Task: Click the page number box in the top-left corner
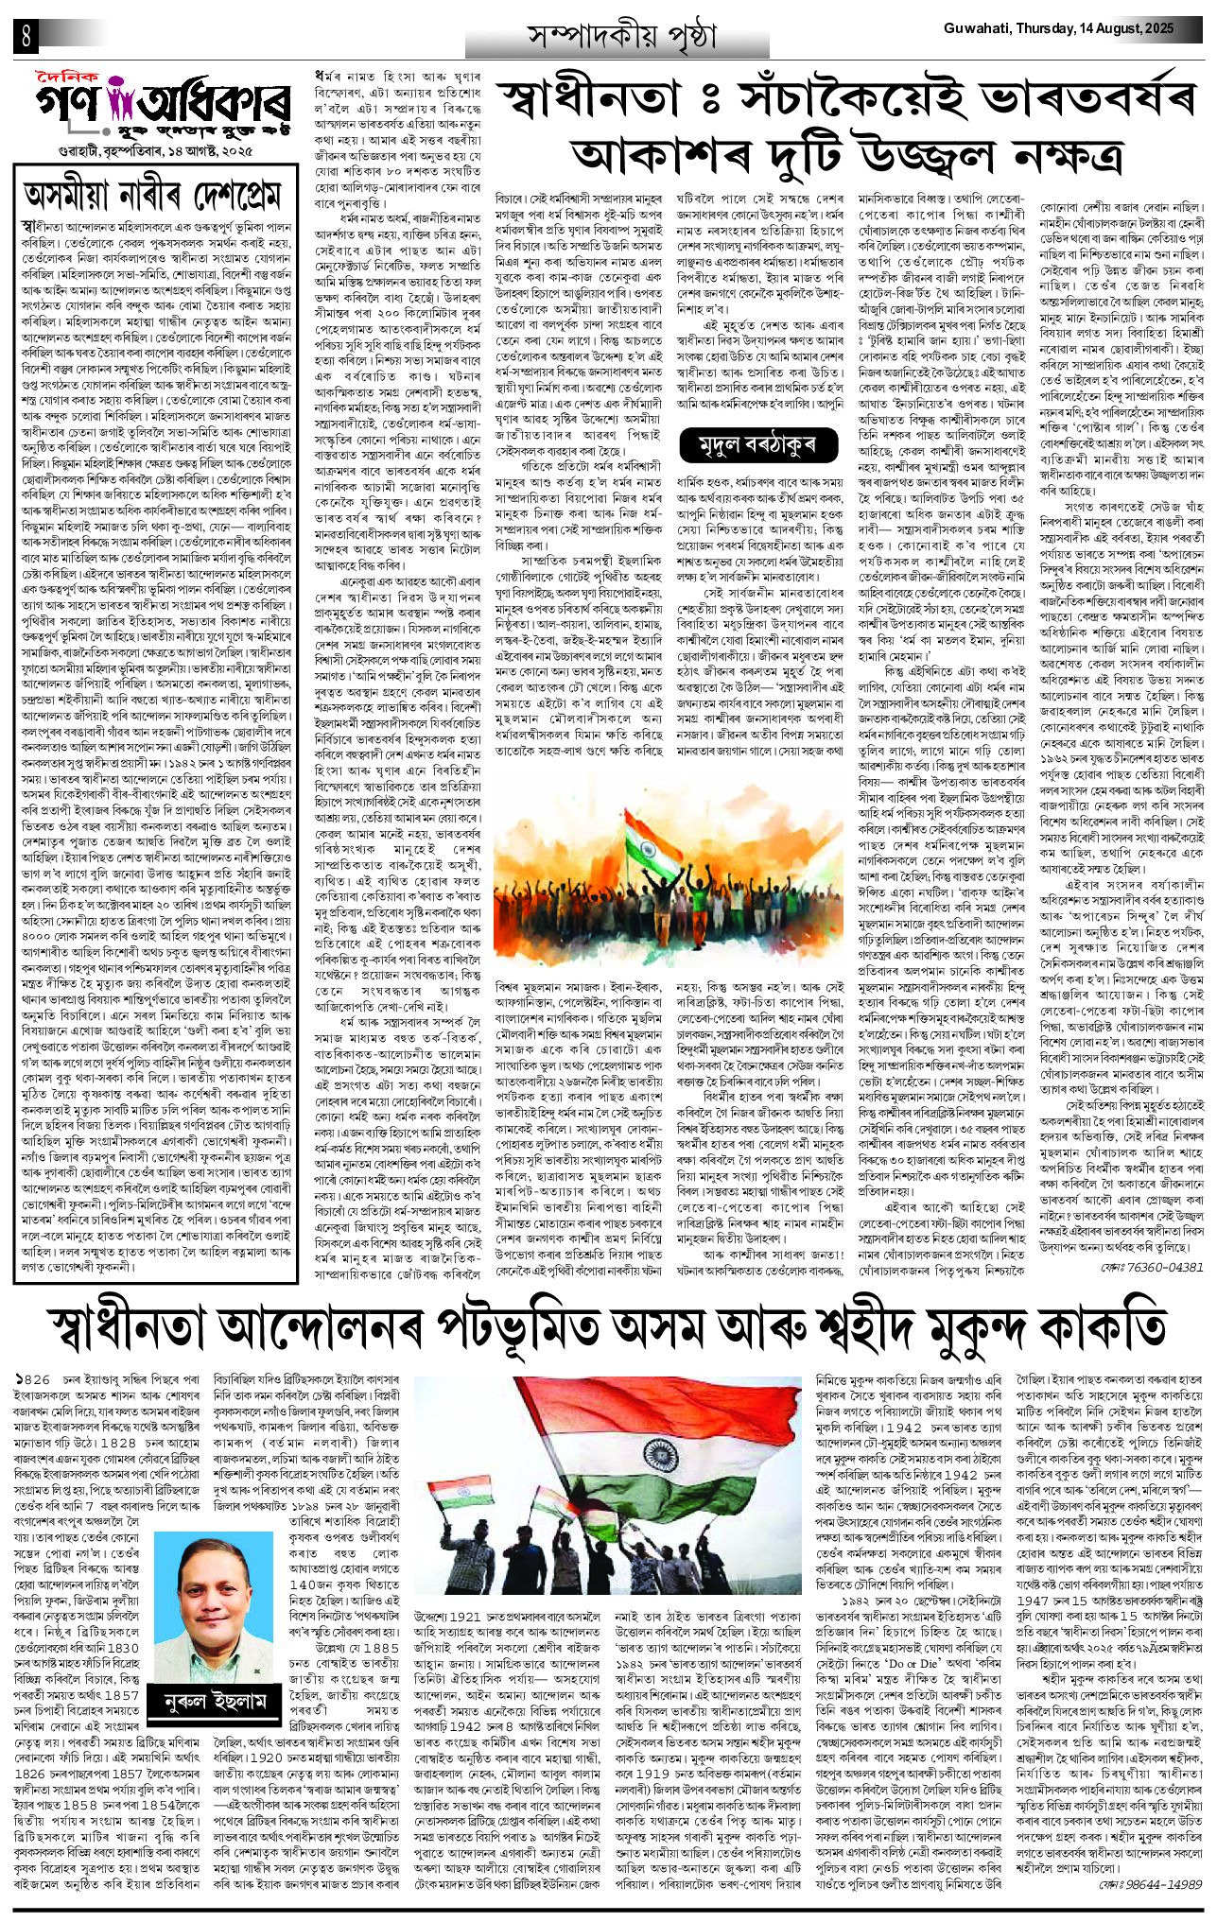pos(21,36)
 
